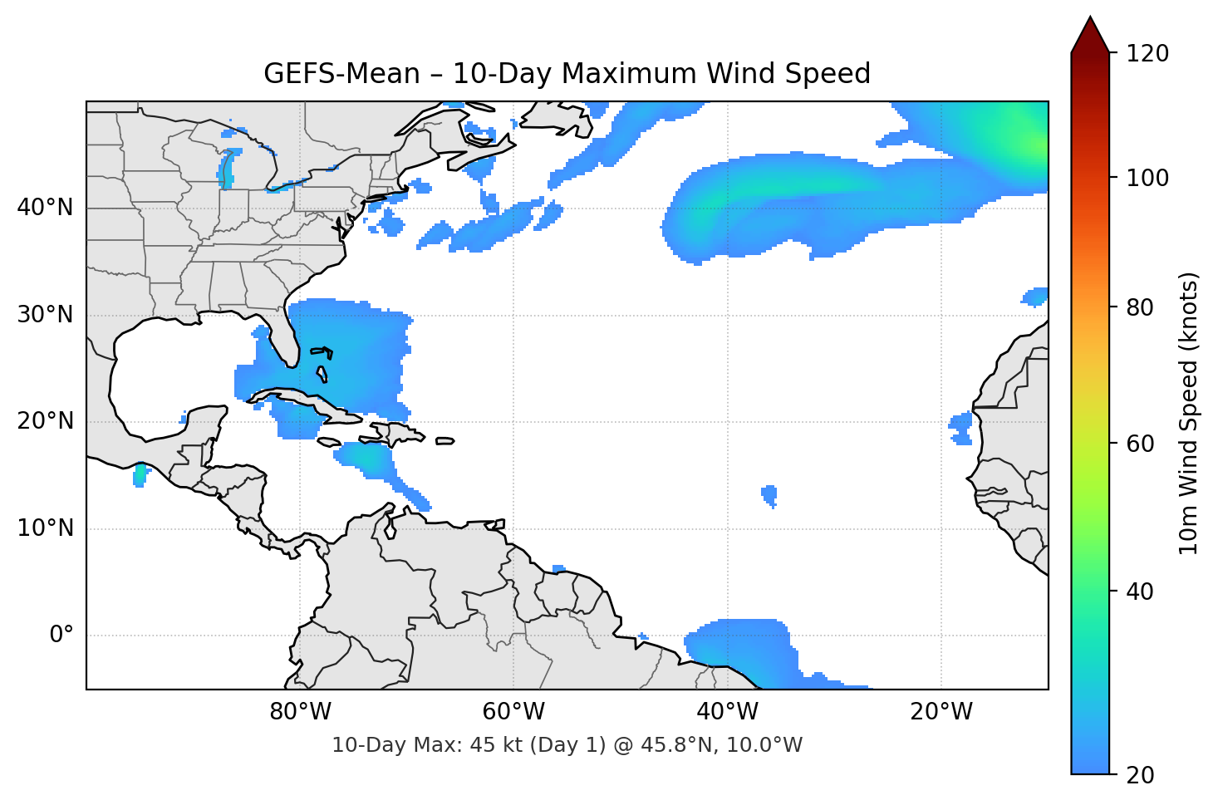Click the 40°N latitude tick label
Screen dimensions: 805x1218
(45, 208)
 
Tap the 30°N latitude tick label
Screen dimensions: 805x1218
(45, 315)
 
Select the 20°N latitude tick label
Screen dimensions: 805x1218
(45, 421)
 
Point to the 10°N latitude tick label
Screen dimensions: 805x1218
(45, 528)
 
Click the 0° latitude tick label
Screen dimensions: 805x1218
(61, 636)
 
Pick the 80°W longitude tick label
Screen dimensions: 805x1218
(300, 712)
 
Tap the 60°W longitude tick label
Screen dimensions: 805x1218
(513, 712)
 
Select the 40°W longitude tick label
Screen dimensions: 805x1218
(727, 712)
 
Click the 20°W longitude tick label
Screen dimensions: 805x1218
(941, 712)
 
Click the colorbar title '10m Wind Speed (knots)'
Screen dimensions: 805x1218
(1189, 413)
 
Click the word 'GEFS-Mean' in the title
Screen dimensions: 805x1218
(341, 75)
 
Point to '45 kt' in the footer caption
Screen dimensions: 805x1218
(492, 745)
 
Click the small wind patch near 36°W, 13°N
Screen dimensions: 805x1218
(769, 495)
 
